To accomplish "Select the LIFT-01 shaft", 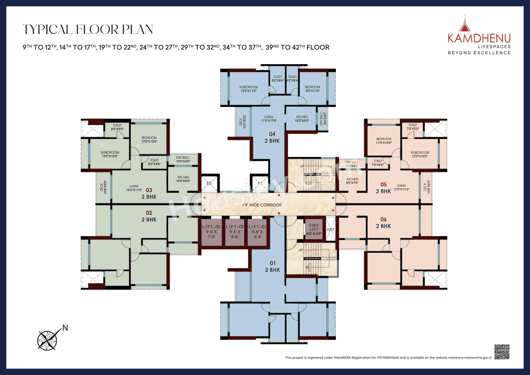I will click(x=258, y=232).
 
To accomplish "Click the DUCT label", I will click(x=330, y=229).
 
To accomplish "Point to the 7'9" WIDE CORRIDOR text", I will click(x=262, y=205).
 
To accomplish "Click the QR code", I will click(x=501, y=352).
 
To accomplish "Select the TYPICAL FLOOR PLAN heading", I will click(x=88, y=29).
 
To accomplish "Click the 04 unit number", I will click(x=272, y=134).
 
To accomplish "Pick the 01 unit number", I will click(x=272, y=263).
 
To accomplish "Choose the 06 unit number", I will click(x=383, y=220).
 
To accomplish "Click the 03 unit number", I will click(x=149, y=190).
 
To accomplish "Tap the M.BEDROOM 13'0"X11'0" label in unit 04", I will click(x=248, y=89).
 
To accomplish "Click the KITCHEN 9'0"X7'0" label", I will click(x=352, y=181).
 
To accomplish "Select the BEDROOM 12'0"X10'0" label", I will click(x=149, y=139).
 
